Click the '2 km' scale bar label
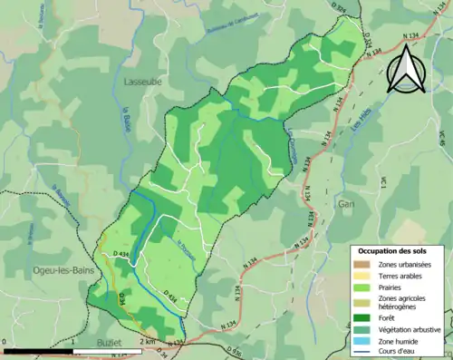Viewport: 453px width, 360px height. coord(148,342)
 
